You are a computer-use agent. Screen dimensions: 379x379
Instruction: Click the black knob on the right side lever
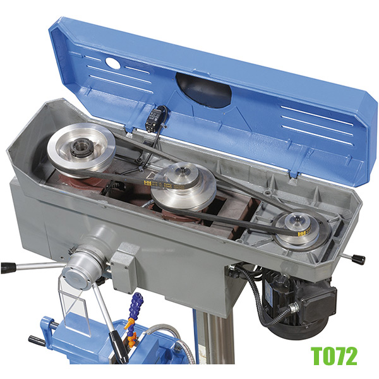click(x=358, y=259)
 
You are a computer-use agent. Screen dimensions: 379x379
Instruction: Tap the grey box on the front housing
click(x=124, y=268)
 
